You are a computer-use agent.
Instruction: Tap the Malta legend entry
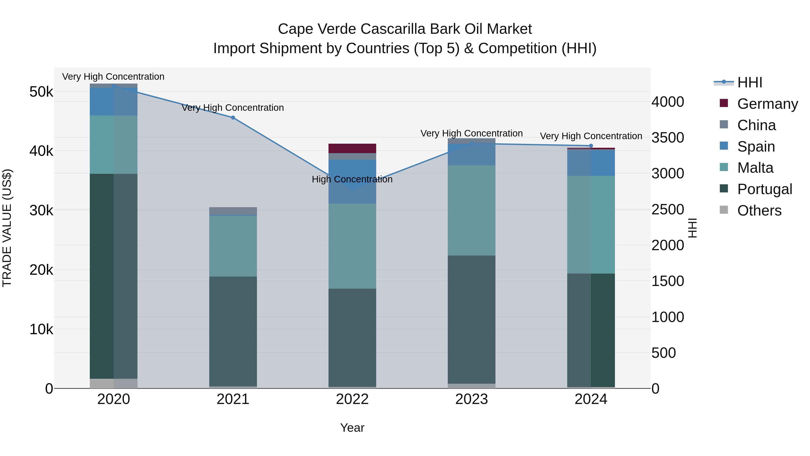coord(755,168)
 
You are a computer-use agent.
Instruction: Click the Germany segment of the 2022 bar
coord(352,148)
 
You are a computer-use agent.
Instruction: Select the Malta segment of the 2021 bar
coord(233,246)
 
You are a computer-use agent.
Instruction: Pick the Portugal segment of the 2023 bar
coord(471,319)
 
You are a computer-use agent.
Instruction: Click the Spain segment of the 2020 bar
coord(114,102)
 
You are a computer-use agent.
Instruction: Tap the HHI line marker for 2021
coord(233,118)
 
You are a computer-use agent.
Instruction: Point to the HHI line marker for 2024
coord(591,146)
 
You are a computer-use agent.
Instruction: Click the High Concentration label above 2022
coord(352,179)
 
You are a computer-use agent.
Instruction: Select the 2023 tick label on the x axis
coord(471,399)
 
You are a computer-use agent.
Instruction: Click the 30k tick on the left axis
coord(41,211)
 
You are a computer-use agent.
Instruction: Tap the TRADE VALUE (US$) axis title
coord(7,228)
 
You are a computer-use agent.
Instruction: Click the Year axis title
coord(352,428)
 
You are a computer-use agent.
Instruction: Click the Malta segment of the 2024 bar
coord(591,225)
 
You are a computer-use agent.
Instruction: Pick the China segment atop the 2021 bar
coord(233,211)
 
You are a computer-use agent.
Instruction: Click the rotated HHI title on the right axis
coord(693,228)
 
